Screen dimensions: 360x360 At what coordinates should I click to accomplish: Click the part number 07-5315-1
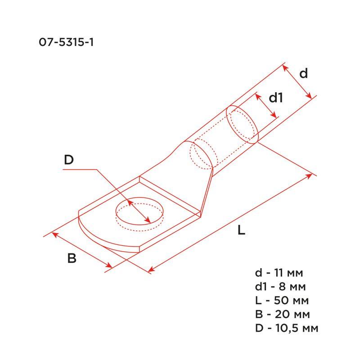(x=66, y=43)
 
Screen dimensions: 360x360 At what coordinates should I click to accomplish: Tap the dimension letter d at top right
(x=304, y=73)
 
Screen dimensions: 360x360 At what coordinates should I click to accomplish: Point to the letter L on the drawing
(x=242, y=231)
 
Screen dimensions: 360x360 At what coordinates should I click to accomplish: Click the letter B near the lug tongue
(x=72, y=259)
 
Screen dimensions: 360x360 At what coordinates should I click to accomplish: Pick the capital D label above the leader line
(x=68, y=160)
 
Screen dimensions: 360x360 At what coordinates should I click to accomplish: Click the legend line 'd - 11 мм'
(x=279, y=273)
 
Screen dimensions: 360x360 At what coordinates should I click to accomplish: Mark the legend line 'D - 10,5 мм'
(x=286, y=328)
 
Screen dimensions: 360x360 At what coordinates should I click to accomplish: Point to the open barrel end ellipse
(x=242, y=124)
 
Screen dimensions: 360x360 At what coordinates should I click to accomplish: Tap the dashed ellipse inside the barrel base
(x=201, y=155)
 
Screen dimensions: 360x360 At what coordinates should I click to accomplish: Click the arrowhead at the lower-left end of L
(x=151, y=270)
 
